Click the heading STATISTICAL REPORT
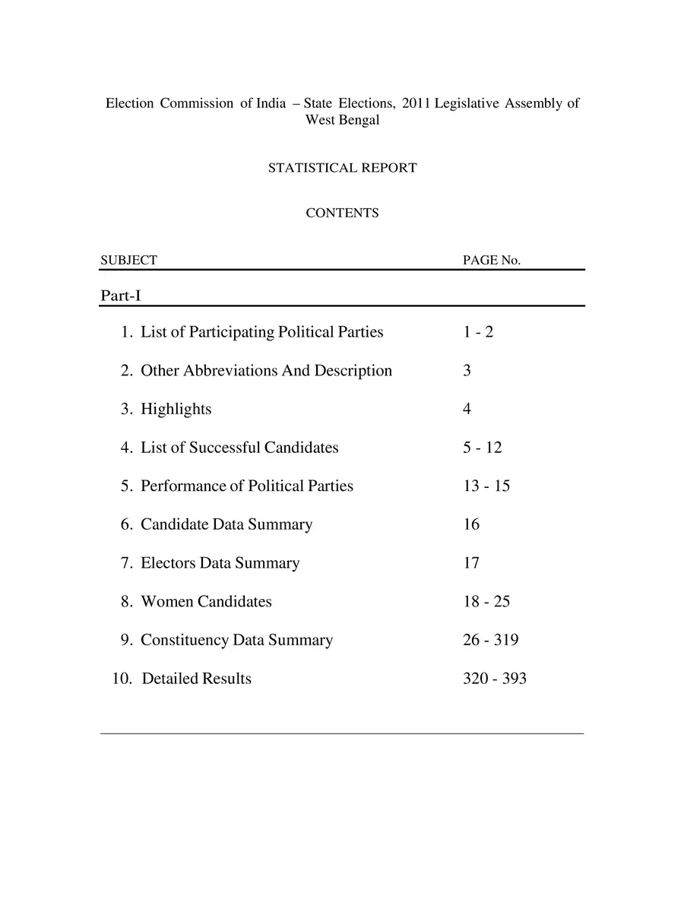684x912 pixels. point(342,168)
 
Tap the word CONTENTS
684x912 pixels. point(342,214)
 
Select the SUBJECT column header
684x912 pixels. point(128,260)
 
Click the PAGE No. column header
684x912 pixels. point(492,260)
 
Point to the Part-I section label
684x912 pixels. point(120,295)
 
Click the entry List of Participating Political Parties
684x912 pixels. point(261,332)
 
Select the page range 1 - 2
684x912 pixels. point(478,332)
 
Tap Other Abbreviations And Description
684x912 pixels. point(266,371)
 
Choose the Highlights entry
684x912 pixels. point(176,409)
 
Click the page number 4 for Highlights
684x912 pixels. point(467,409)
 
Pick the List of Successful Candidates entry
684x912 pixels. point(239,448)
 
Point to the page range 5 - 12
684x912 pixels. point(483,448)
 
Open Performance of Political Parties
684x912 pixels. point(246,486)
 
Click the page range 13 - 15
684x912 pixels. point(486,486)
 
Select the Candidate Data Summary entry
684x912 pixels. point(226,524)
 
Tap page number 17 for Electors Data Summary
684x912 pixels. point(471,563)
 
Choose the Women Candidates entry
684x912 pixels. point(206,602)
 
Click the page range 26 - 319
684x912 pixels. point(491,640)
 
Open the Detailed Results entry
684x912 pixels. point(196,679)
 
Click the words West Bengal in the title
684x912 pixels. point(342,120)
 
